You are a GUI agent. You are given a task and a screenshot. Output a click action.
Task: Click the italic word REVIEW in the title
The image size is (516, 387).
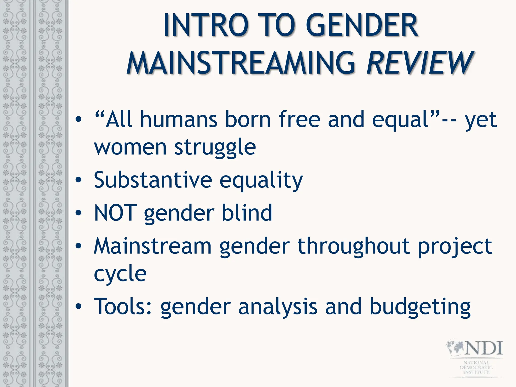pyautogui.click(x=420, y=63)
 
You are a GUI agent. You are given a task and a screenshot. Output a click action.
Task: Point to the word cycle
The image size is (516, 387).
pyautogui.click(x=120, y=274)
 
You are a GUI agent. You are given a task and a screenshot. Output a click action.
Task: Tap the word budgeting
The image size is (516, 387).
pyautogui.click(x=420, y=307)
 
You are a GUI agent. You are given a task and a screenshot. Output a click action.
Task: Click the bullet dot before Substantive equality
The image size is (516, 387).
pyautogui.click(x=79, y=180)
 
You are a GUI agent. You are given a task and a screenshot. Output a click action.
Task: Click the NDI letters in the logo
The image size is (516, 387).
pyautogui.click(x=484, y=348)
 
